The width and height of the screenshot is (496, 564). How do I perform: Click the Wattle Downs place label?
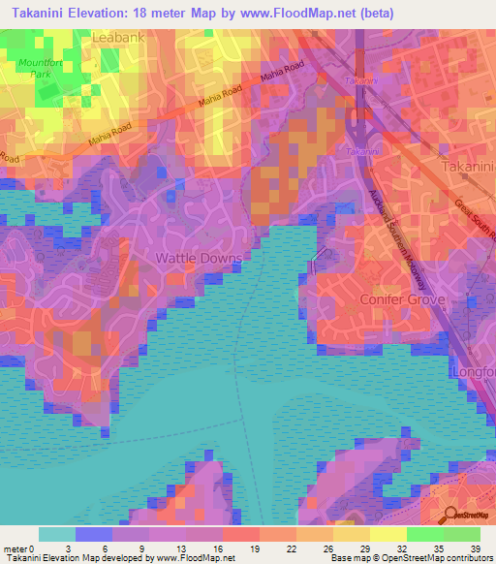tap(193, 259)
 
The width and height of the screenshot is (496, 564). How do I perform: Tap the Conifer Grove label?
tap(404, 300)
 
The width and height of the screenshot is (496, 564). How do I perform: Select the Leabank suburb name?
tap(117, 37)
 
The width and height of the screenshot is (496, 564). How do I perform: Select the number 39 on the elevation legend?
tap(475, 548)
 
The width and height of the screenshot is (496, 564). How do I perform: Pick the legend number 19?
tap(256, 548)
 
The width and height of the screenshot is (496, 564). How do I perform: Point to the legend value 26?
tap(328, 548)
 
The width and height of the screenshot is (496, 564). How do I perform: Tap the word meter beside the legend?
tap(15, 548)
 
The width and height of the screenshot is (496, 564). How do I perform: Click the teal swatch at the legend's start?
tap(57, 534)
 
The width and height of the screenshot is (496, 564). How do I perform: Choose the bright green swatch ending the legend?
tap(462, 534)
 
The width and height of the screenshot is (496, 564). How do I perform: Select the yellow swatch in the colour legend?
tap(388, 534)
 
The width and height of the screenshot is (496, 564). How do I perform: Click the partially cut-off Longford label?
tap(475, 372)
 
